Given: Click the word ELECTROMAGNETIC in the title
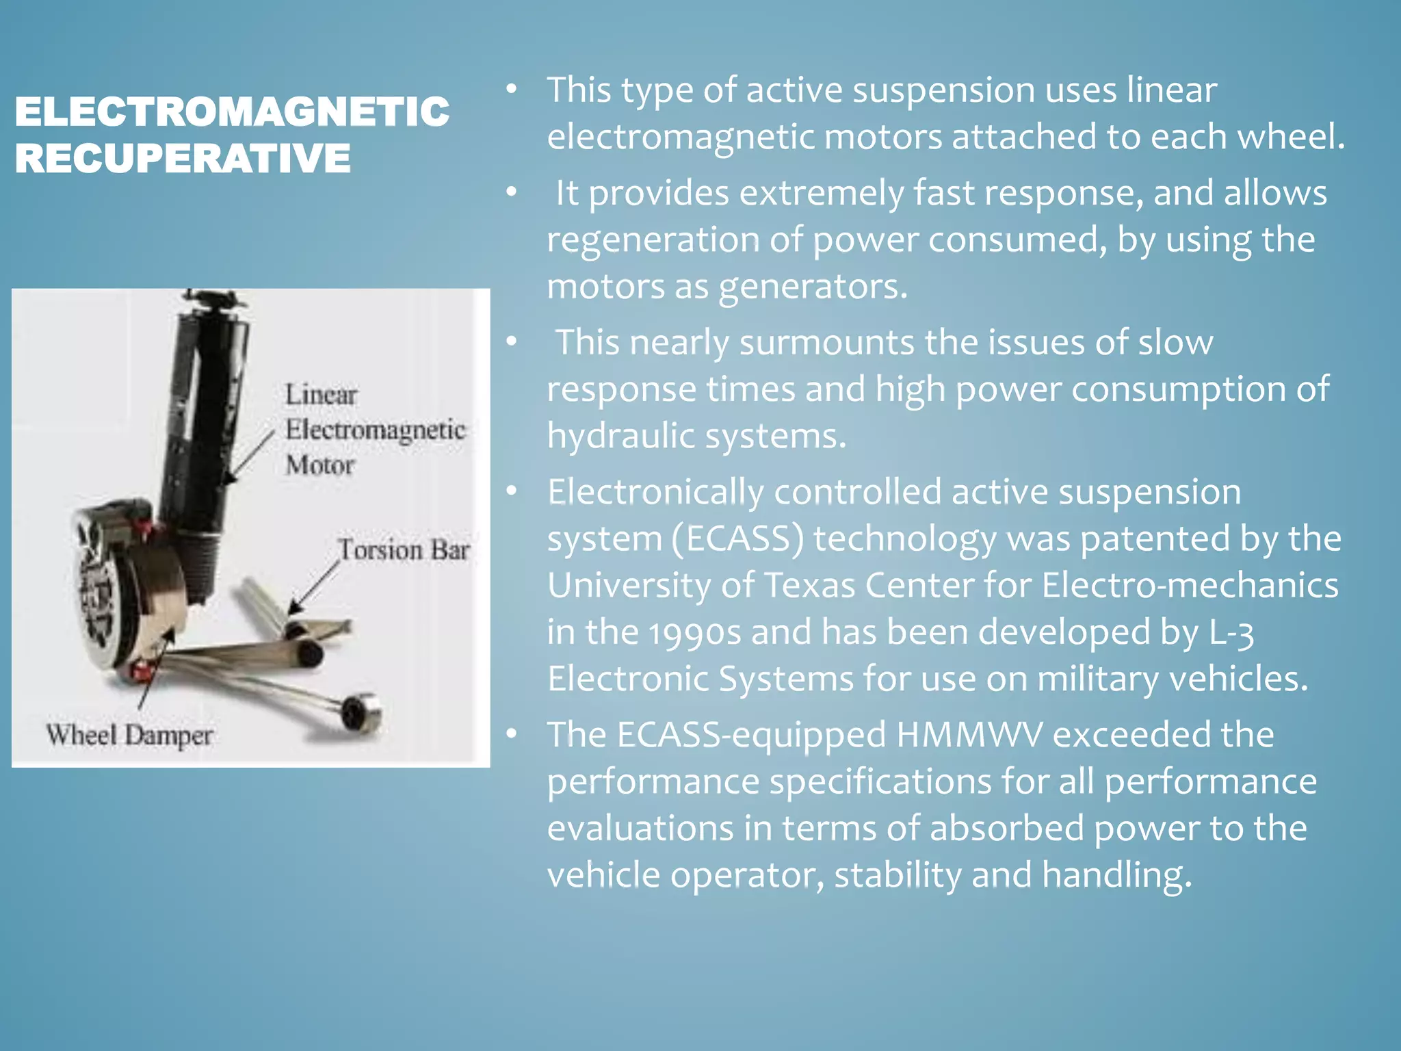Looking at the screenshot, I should click(x=232, y=112).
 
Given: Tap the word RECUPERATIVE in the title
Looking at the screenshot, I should click(x=183, y=158).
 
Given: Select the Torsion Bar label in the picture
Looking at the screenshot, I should click(x=404, y=550).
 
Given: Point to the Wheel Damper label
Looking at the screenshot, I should click(x=129, y=736).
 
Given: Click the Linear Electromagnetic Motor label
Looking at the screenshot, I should click(x=374, y=430).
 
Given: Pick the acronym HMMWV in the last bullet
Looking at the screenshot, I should click(x=969, y=735).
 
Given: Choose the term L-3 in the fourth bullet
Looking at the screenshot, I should click(x=1231, y=632).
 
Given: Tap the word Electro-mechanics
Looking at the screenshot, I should click(x=1190, y=586).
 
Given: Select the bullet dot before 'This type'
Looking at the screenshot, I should click(x=512, y=90).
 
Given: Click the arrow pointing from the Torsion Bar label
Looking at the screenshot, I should click(x=313, y=588).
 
